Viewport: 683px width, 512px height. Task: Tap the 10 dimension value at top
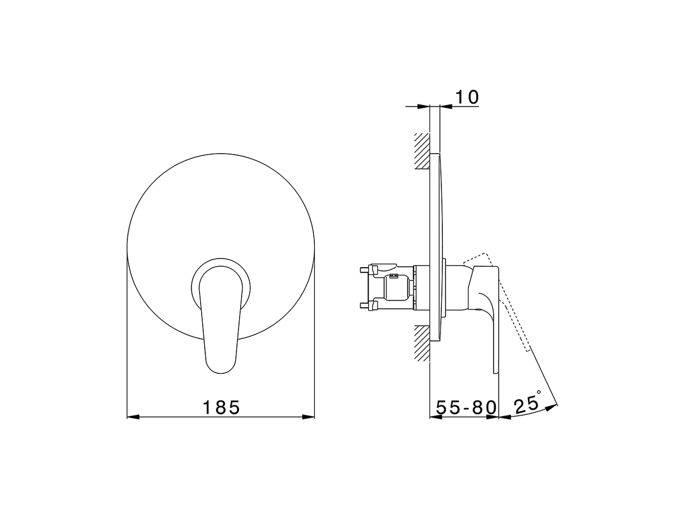coord(466,98)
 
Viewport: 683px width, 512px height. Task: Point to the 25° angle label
coord(526,404)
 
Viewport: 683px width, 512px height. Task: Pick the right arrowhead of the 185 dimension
coord(309,417)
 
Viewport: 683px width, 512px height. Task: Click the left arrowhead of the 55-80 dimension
coord(435,417)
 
